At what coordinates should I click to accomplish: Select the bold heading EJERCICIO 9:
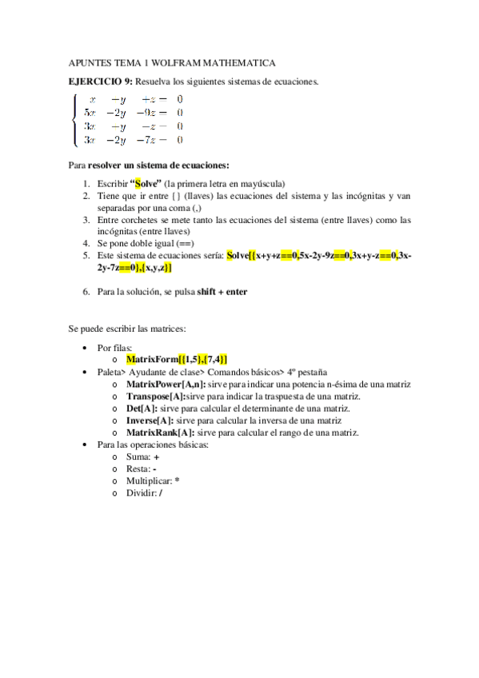coord(101,82)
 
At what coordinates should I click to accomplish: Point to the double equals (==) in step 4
coord(186,243)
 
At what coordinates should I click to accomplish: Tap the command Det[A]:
coord(142,409)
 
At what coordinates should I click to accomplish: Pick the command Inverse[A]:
coord(150,421)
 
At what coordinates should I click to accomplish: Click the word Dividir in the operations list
coord(141,493)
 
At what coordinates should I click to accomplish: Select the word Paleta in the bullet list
coord(110,373)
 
